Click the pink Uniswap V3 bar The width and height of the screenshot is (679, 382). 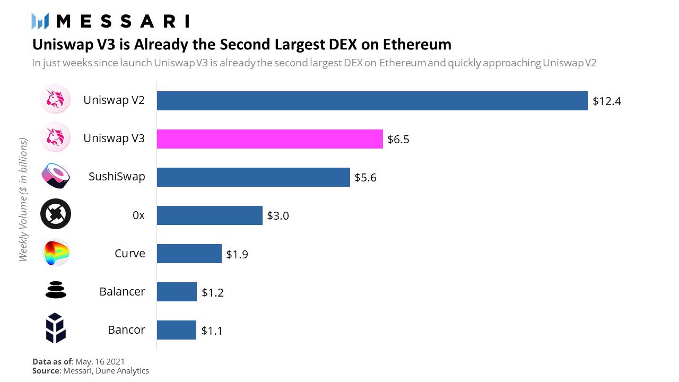(x=269, y=139)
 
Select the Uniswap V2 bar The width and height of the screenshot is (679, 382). (x=372, y=101)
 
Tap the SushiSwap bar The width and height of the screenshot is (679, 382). (x=253, y=177)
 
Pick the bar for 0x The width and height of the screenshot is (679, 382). (x=210, y=215)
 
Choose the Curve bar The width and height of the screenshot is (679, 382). (x=189, y=254)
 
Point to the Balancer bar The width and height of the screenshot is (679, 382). (x=177, y=292)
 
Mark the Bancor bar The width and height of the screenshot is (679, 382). (x=176, y=330)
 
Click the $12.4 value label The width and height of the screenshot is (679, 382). (x=606, y=101)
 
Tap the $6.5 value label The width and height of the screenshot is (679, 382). (x=398, y=140)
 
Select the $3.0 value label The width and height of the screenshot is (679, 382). (x=277, y=216)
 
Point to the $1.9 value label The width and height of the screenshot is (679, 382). (x=237, y=254)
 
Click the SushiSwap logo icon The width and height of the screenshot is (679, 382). (x=55, y=177)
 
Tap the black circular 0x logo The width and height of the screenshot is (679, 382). (x=55, y=214)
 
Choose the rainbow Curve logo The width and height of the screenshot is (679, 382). (x=55, y=253)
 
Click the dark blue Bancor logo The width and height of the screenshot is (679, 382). (x=55, y=328)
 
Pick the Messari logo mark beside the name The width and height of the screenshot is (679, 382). (x=40, y=21)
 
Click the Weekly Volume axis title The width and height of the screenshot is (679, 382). (x=23, y=199)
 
